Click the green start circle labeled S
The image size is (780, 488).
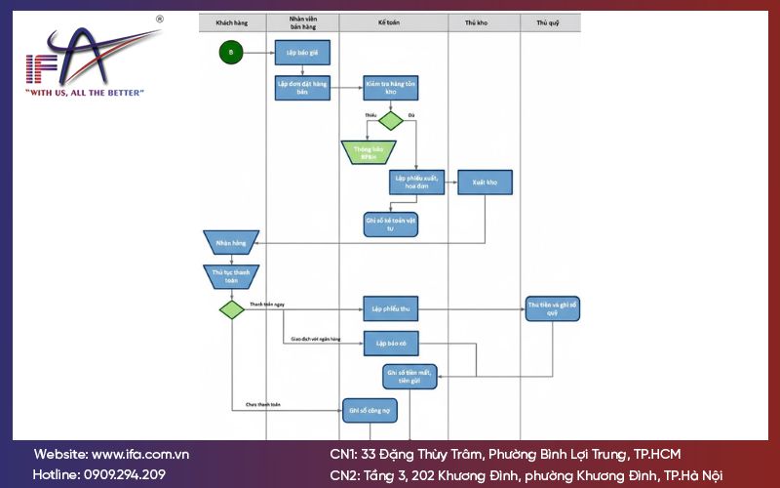pos(231,52)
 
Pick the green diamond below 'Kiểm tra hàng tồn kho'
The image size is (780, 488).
pos(390,120)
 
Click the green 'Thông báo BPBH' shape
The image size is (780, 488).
pos(369,152)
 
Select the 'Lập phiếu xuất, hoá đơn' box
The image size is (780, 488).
pos(417,183)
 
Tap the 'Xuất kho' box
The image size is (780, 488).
pos(485,183)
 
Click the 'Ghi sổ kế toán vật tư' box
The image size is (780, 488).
pos(390,222)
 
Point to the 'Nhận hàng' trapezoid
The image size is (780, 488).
pos(231,242)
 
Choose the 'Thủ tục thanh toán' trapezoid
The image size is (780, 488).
pos(231,276)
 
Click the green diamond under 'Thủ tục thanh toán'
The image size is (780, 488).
pos(231,309)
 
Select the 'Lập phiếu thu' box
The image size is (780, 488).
pos(390,309)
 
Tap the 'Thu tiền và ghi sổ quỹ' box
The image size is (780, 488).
pos(552,309)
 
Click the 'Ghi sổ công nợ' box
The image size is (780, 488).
pos(369,411)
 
